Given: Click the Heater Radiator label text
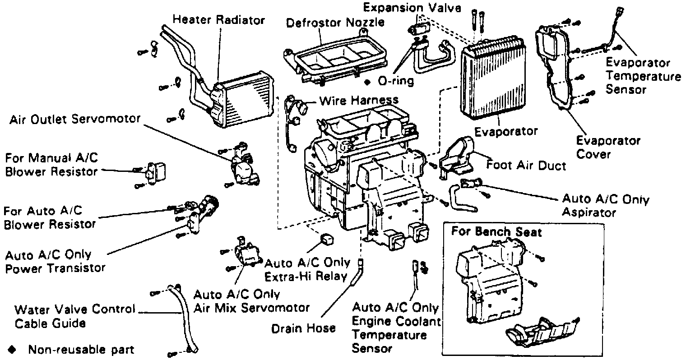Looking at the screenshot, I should pyautogui.click(x=219, y=20).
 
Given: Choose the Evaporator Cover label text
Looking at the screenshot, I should pyautogui.click(x=607, y=148).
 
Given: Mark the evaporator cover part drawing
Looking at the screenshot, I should pyautogui.click(x=555, y=68).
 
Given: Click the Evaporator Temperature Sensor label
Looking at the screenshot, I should pyautogui.click(x=643, y=76).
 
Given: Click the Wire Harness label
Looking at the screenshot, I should pyautogui.click(x=359, y=100).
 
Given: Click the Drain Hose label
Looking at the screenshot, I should pyautogui.click(x=303, y=328).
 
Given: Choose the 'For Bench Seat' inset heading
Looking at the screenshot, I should pyautogui.click(x=496, y=232).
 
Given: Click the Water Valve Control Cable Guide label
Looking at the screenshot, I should pyautogui.click(x=75, y=316).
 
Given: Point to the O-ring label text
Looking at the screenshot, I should pyautogui.click(x=395, y=82).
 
